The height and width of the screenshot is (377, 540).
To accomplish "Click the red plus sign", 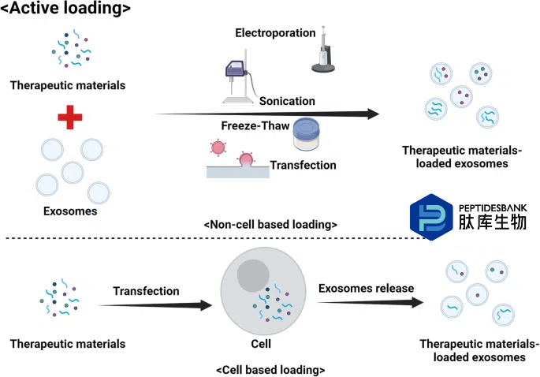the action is (70, 118).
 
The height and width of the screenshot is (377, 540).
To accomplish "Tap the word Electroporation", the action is (275, 33).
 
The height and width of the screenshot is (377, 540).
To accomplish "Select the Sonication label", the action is (287, 101).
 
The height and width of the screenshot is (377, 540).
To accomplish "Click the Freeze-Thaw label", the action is (255, 125).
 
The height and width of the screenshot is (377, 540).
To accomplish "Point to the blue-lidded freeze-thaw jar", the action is (306, 134).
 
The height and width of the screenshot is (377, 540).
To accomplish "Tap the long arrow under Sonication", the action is (267, 114).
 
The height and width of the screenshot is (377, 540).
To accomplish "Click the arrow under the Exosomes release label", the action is (371, 302).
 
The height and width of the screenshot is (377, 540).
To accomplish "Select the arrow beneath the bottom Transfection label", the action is (155, 305).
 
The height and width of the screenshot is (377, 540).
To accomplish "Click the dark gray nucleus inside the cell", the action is (253, 276).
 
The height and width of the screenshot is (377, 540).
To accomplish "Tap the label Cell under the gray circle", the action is (261, 344).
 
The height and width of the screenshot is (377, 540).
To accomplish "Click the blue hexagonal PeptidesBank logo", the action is (431, 217).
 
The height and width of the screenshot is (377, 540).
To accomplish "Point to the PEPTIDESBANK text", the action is (493, 207).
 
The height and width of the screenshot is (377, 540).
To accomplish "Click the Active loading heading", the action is (65, 8).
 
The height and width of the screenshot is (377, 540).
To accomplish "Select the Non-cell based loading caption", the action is (270, 224).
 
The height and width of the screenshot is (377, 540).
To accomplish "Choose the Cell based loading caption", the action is (270, 370).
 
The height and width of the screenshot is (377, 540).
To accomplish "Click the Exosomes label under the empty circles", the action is (70, 211).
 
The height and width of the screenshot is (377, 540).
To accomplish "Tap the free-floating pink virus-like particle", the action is (218, 147).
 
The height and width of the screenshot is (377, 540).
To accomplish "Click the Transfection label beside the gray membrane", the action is (303, 165).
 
